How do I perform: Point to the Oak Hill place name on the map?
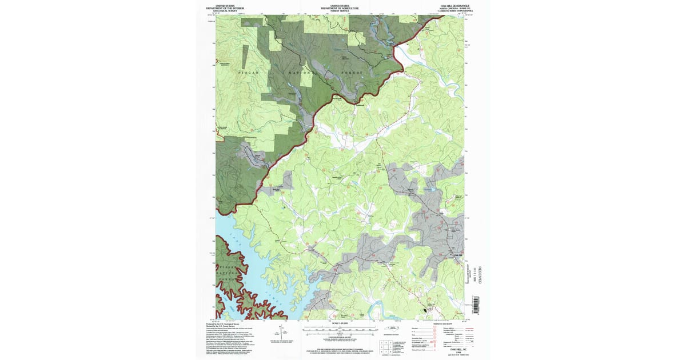(456, 255)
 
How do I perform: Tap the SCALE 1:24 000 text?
(340, 324)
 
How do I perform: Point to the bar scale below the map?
(340, 330)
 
